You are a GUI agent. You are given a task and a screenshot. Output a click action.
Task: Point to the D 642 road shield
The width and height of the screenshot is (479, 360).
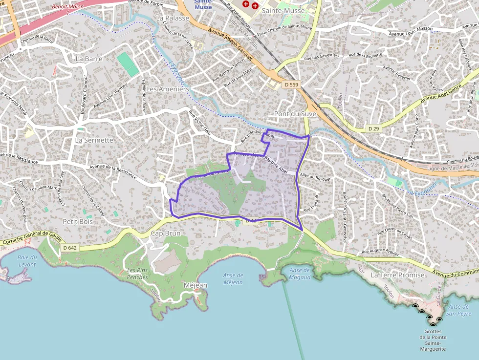(70, 248)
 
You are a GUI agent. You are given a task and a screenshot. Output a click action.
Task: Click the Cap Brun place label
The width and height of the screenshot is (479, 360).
(165, 233)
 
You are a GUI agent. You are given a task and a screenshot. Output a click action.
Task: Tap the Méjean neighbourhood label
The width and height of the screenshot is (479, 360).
(195, 285)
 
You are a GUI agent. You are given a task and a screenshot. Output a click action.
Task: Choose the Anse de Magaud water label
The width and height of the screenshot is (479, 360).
(300, 274)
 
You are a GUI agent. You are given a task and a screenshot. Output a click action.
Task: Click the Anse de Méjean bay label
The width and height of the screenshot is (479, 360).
(233, 279)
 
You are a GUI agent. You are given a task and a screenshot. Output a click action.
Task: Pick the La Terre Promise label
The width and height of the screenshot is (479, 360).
(398, 275)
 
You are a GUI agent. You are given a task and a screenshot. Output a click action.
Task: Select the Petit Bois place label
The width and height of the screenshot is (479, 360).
(78, 221)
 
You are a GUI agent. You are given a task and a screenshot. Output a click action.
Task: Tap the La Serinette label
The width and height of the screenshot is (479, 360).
(94, 140)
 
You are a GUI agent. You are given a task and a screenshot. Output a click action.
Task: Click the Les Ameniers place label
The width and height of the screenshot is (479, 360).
(167, 89)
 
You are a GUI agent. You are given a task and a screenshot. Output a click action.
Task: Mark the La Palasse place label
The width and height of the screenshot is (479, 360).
(173, 18)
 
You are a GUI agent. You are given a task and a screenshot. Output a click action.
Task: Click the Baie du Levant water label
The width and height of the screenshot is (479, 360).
(27, 260)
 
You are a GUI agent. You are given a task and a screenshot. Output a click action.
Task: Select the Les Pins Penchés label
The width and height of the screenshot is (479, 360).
(137, 274)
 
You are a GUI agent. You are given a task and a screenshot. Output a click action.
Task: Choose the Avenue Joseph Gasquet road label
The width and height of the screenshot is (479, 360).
(230, 44)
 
